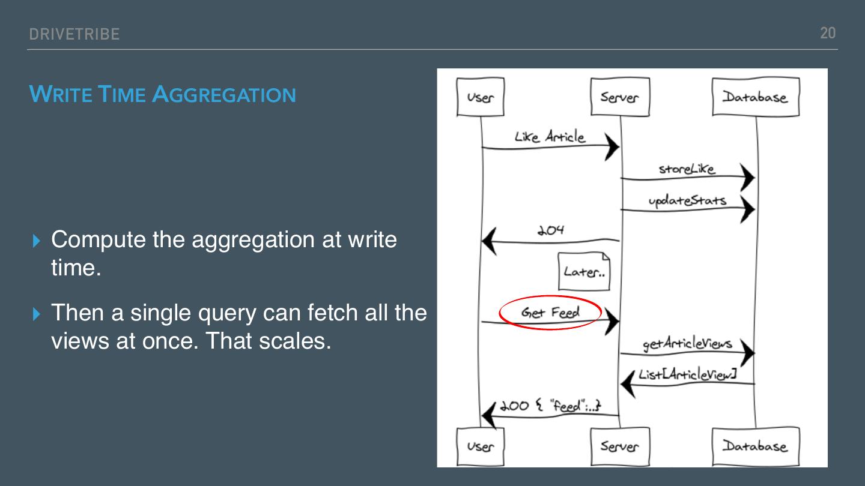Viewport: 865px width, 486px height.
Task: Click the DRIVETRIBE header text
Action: (74, 34)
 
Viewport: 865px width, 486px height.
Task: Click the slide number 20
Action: (828, 33)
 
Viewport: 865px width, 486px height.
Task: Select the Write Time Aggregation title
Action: (162, 94)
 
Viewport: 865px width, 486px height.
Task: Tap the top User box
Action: (480, 97)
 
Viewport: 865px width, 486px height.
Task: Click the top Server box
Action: (619, 97)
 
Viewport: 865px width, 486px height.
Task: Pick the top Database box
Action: (755, 97)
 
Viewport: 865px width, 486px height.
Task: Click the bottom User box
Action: (480, 446)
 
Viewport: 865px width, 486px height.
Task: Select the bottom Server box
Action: (619, 446)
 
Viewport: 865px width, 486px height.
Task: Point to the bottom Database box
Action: (755, 446)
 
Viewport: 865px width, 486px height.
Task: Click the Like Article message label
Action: (549, 137)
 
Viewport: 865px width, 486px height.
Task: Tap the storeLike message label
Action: (687, 169)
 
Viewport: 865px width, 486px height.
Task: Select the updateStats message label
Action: (687, 200)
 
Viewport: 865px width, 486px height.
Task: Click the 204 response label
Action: (550, 230)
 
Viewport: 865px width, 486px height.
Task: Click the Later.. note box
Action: (584, 272)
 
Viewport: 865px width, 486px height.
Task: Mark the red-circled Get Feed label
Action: (550, 312)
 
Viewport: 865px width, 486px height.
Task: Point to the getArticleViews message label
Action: (687, 344)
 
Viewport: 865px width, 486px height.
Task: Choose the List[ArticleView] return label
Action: (687, 375)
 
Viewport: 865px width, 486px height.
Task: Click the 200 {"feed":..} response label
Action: (550, 406)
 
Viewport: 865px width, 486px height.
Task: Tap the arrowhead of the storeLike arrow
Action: (747, 178)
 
